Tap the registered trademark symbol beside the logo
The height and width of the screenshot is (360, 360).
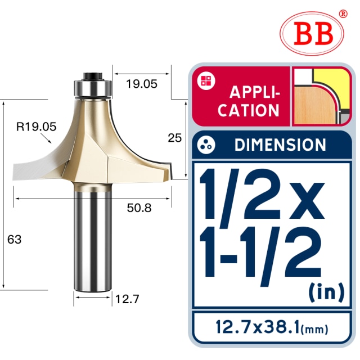coord(343,13)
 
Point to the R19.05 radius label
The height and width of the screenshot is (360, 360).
coord(37,127)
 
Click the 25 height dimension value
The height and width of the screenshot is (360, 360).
coord(175,138)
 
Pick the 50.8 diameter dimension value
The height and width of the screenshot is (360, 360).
coord(138,208)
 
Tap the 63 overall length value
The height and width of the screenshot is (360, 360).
coord(15,239)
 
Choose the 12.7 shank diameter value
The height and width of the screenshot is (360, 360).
coord(127,299)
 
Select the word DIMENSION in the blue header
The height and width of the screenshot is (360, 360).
coord(280,145)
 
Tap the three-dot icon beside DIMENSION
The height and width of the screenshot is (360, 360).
coord(206,145)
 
